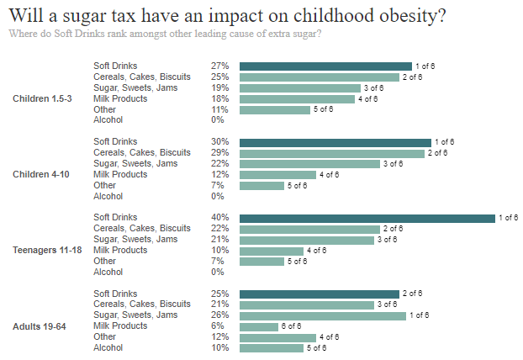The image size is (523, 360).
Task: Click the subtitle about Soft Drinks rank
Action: (x=164, y=34)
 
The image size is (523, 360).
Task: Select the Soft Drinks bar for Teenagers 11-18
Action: (x=367, y=218)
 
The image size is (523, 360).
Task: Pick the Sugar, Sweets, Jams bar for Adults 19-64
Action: (x=322, y=315)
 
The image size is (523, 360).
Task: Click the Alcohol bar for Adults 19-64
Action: (x=272, y=347)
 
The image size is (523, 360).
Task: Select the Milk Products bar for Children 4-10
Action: (x=277, y=175)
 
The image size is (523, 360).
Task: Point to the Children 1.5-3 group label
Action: (x=42, y=98)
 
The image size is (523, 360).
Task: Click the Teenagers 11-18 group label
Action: (x=45, y=250)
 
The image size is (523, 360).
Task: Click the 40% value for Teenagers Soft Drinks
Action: (x=220, y=218)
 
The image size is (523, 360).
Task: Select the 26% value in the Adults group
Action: (x=220, y=315)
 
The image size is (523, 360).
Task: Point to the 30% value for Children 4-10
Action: (x=220, y=142)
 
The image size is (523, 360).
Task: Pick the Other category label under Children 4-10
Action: (x=104, y=185)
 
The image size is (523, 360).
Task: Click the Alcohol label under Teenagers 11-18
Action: (x=108, y=272)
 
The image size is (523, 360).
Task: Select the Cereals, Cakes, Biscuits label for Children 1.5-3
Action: (x=142, y=77)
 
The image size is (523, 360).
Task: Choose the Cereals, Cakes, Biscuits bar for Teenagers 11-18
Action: (x=309, y=229)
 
